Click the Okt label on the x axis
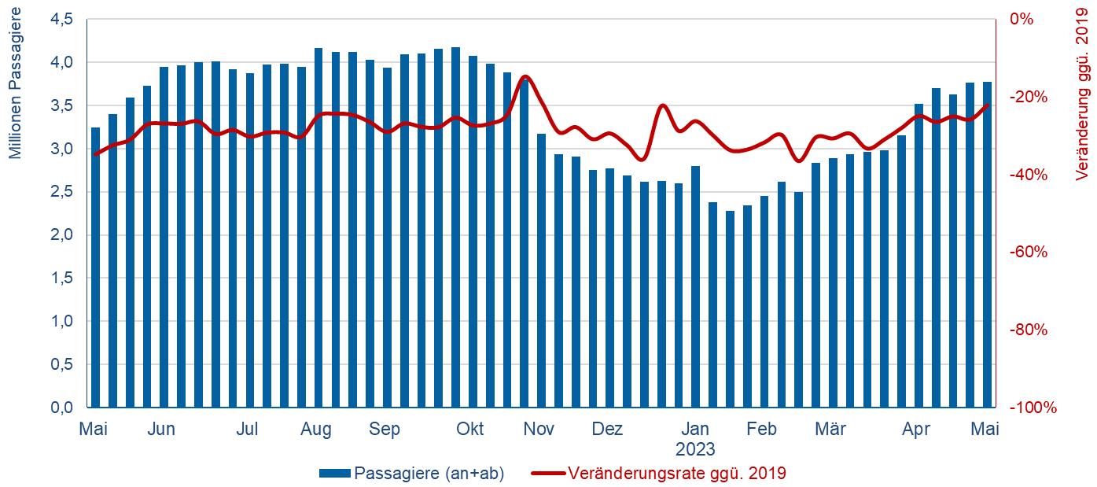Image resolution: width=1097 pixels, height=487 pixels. pos(470,430)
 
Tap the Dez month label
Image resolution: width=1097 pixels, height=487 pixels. pos(607,430)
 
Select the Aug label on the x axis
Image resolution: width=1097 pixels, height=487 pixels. pos(315,430)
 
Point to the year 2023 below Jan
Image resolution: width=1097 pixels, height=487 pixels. pos(695,450)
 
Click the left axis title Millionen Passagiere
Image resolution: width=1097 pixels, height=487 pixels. pos(16,91)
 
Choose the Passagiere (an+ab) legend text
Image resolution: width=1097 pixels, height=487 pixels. pos(429,474)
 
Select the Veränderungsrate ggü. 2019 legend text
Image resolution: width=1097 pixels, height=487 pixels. pos(677,474)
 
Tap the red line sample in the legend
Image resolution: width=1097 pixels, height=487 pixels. pos(548,474)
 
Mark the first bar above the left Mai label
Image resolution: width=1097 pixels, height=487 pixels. pos(95,267)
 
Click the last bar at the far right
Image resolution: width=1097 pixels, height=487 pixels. pos(986,245)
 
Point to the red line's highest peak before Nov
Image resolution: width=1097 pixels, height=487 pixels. pos(525,76)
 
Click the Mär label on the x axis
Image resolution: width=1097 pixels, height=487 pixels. pos(830,430)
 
